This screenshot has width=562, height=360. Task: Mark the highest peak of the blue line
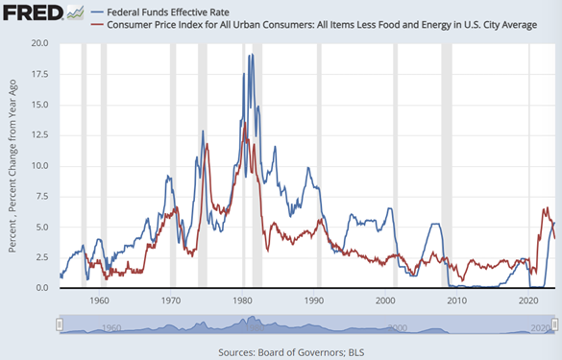pyautogui.click(x=251, y=55)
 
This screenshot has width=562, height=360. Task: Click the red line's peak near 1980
pyautogui.click(x=245, y=123)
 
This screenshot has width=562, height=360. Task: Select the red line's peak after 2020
pyautogui.click(x=546, y=207)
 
